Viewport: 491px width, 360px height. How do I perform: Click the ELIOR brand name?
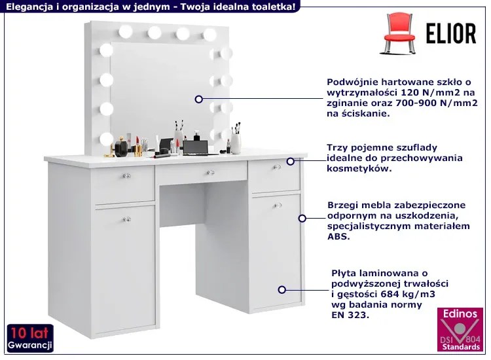pos(451,33)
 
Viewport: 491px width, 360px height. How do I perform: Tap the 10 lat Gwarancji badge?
pos(30,338)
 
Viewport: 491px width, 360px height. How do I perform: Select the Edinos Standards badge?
pos(460,329)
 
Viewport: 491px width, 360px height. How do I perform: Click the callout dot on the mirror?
pos(198,99)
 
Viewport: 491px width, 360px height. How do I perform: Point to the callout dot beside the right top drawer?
pos(291,161)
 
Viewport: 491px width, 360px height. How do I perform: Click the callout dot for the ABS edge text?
pos(302,218)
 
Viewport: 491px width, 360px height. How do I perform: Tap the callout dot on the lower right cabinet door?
pos(282,290)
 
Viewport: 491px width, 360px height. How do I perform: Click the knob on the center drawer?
pos(210,173)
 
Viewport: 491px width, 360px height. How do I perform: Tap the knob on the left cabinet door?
pos(126,219)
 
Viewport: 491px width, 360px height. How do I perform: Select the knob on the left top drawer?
pos(126,175)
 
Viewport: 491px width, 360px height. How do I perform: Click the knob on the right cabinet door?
pos(277,206)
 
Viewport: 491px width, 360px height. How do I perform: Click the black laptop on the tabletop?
pos(196,148)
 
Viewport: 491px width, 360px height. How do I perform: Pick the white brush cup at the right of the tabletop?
pos(236,143)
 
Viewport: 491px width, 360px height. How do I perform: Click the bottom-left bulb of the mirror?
pos(107,139)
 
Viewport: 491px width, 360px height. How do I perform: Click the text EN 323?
pos(350,315)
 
